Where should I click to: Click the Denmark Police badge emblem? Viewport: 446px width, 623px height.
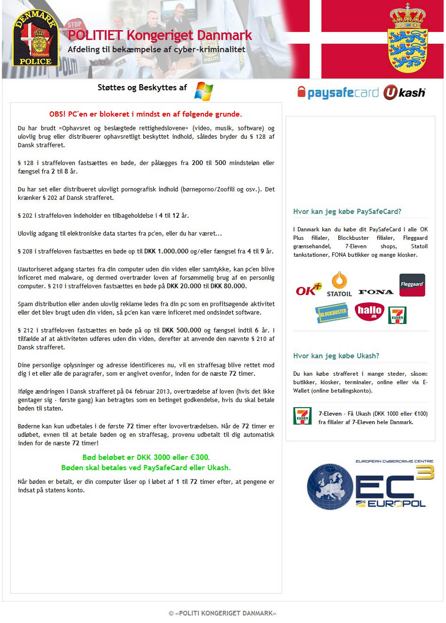[35, 38]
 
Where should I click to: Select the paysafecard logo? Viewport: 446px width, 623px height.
[338, 92]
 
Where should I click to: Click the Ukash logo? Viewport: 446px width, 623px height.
[404, 93]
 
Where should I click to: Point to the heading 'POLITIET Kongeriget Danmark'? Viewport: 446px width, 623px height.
[160, 35]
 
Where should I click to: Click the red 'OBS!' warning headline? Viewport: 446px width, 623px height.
[145, 114]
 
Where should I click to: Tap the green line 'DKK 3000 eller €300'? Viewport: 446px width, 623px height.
[146, 457]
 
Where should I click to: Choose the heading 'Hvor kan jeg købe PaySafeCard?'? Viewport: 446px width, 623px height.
[347, 212]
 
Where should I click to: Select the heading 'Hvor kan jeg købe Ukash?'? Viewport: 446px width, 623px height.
[336, 356]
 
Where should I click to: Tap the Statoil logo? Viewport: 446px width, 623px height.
[339, 284]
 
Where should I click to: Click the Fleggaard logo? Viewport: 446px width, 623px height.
[412, 285]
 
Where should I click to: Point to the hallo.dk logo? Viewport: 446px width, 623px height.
[369, 312]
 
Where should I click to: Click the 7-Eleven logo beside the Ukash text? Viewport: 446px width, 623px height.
[302, 416]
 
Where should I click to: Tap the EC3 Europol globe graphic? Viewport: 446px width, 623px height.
[329, 487]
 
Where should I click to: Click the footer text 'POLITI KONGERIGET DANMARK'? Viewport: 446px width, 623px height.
[222, 613]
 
